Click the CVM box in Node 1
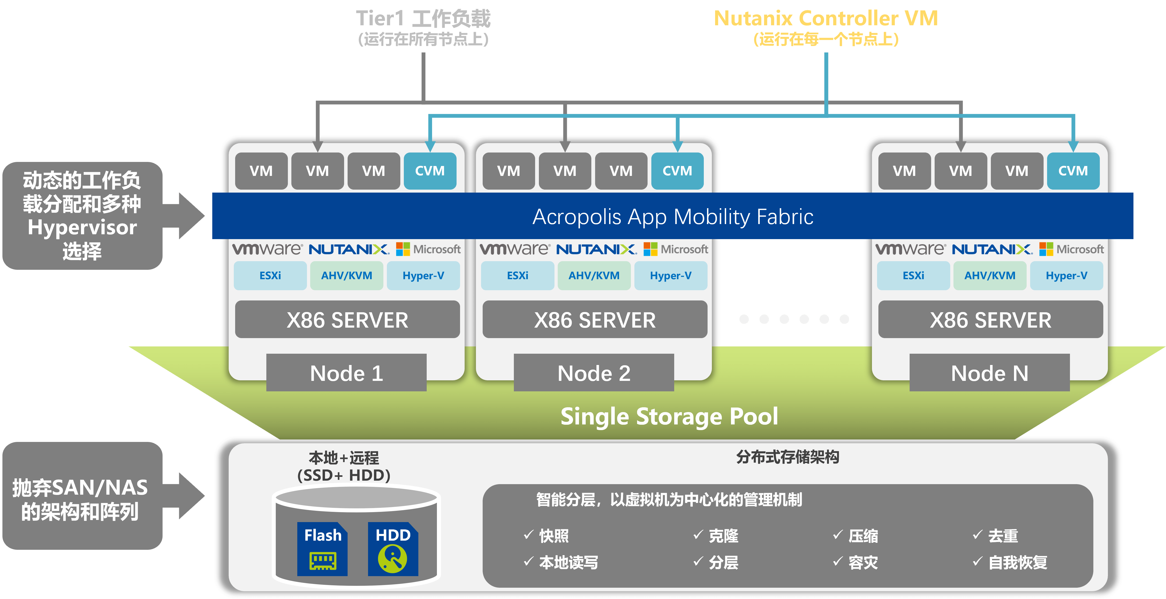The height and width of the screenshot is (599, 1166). [430, 171]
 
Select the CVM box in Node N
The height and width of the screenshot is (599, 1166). [1073, 171]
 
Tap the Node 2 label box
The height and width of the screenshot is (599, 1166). [594, 373]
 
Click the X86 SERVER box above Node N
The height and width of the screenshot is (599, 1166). [990, 320]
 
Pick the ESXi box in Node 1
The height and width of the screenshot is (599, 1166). [270, 275]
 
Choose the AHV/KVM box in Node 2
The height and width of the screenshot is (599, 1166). [594, 275]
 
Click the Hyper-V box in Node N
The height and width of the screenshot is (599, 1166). [1066, 275]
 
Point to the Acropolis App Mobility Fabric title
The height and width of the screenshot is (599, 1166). [673, 217]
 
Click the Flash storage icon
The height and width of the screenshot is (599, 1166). [322, 549]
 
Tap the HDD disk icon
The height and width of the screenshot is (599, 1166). [393, 549]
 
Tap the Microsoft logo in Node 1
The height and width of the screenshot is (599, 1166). [428, 249]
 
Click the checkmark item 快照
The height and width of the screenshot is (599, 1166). [546, 536]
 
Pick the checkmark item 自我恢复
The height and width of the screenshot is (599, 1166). [1010, 562]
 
